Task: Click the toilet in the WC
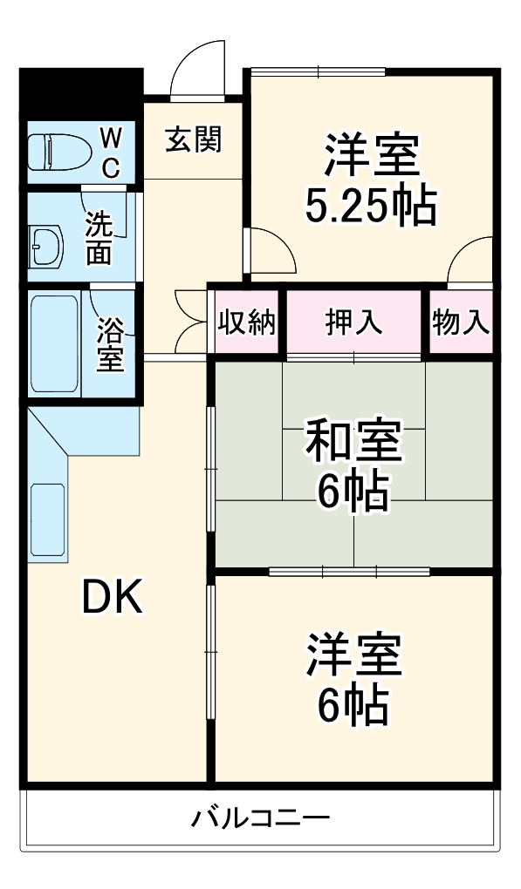[x=57, y=153]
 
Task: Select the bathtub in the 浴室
[x=54, y=343]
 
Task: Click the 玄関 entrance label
[x=194, y=139]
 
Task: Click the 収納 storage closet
[x=247, y=322]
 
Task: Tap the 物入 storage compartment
[x=460, y=322]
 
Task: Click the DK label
[x=112, y=598]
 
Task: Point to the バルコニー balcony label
[x=260, y=818]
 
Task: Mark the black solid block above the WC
[x=81, y=92]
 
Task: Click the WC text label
[x=111, y=152]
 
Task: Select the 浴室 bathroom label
[x=110, y=343]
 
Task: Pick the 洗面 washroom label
[x=98, y=237]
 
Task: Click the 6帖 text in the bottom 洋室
[x=353, y=705]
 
